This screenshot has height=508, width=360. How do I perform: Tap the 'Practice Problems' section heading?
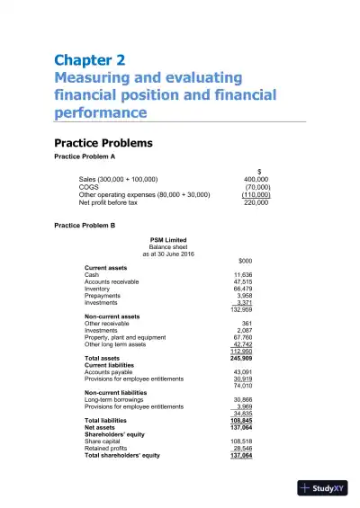110,143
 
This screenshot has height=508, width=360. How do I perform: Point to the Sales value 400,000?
256,179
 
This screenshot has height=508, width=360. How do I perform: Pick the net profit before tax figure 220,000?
256,202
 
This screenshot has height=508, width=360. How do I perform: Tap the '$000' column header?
232,260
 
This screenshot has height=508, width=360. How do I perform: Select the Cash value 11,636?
242,274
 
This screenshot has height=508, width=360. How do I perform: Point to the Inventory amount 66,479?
242,289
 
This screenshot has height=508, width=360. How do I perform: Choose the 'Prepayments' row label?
102,296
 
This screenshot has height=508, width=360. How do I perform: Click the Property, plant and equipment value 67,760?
242,337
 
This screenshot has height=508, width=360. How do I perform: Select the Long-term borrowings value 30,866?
242,399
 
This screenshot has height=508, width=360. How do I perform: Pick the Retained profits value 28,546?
242,449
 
